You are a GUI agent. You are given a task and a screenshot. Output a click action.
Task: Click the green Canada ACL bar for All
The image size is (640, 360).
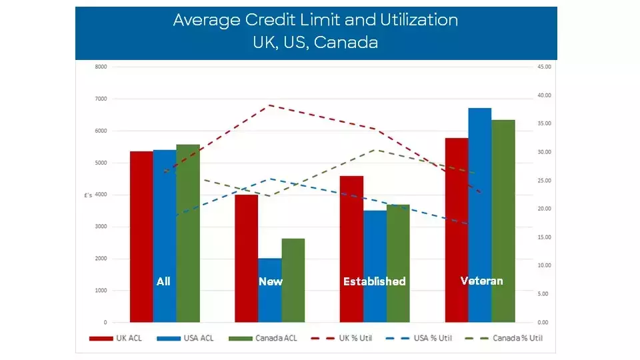click(188, 233)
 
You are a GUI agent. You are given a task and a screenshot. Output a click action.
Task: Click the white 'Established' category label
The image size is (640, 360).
click(374, 281)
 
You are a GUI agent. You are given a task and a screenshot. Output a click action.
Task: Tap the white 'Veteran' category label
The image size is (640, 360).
click(481, 281)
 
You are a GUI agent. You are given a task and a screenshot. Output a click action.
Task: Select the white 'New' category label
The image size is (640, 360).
click(270, 281)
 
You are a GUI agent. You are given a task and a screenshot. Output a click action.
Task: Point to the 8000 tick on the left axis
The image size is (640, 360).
click(101, 67)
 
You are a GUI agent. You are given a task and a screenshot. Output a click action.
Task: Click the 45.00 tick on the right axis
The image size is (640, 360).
click(544, 67)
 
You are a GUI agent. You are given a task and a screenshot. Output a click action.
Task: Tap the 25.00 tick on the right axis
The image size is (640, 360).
click(544, 181)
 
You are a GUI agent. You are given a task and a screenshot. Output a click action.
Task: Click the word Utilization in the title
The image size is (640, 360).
click(409, 20)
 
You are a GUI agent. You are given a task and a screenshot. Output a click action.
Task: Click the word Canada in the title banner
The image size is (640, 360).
click(346, 42)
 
